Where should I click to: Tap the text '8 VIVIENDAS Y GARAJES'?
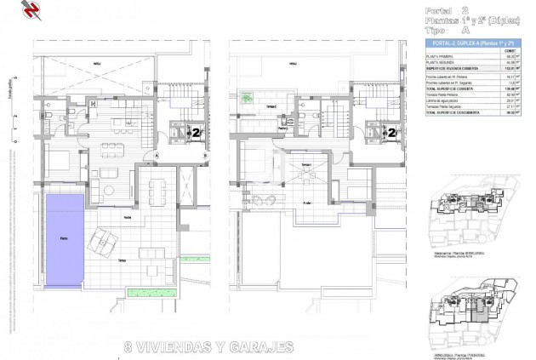208,346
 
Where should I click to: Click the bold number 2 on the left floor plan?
198,132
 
